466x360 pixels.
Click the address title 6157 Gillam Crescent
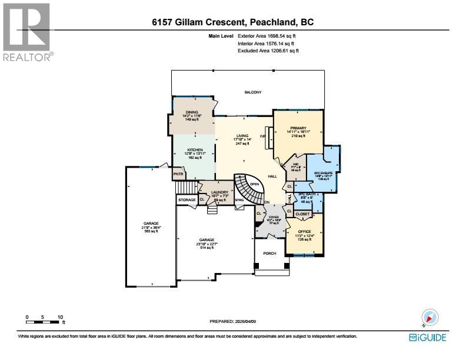(232, 22)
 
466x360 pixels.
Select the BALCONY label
(253, 92)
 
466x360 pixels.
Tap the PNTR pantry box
(178, 174)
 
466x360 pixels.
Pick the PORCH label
(269, 254)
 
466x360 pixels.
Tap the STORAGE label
(187, 200)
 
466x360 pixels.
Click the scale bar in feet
(44, 320)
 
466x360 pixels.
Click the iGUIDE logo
(427, 338)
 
